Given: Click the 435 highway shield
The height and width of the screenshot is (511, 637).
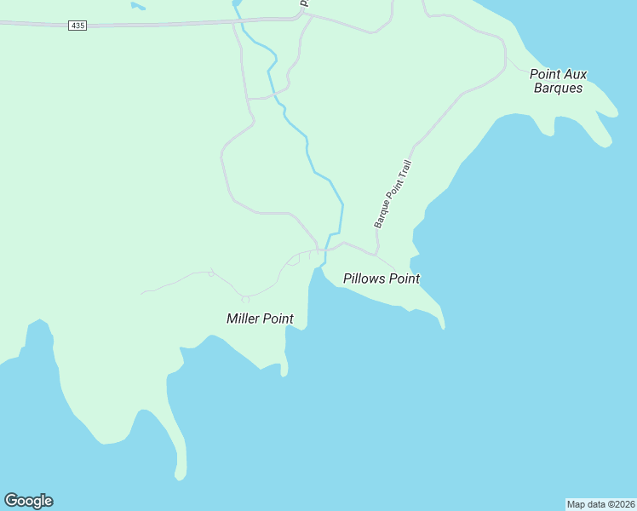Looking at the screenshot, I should click(x=77, y=26).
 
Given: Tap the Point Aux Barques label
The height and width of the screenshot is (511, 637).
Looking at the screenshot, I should click(x=558, y=81).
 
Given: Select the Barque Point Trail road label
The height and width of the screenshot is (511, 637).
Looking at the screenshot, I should click(x=393, y=194).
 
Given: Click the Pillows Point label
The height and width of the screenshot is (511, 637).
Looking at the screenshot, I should click(x=381, y=278).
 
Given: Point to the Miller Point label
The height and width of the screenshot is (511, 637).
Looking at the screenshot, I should click(x=260, y=319).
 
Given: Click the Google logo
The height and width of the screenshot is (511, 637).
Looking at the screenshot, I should click(x=28, y=501).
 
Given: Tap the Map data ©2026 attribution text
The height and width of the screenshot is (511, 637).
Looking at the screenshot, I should click(x=600, y=503).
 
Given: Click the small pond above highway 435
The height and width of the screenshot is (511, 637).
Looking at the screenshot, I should click(x=137, y=6).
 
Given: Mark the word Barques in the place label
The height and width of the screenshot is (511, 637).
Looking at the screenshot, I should click(x=558, y=88).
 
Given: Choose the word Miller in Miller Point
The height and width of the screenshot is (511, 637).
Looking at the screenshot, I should click(x=243, y=319).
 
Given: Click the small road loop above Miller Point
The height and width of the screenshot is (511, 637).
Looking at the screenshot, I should click(x=245, y=299).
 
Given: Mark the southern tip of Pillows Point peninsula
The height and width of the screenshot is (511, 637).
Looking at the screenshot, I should click(x=442, y=327).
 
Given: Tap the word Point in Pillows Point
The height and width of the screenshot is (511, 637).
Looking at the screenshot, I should click(x=403, y=278).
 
